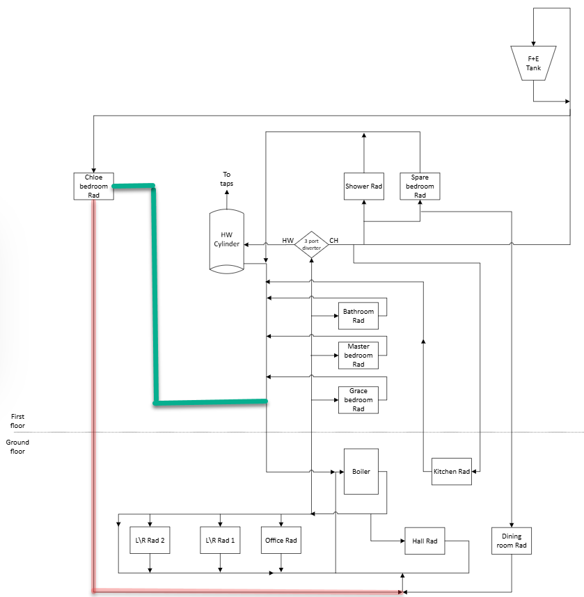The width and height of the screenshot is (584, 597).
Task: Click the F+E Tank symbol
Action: pos(533,63)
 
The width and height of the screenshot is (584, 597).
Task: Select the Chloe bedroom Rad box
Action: pos(94,186)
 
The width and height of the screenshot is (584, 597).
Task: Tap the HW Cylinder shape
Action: pos(226,240)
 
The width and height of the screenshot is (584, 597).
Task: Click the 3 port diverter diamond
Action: pos(311,245)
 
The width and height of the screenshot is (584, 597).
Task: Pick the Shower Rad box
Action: pos(364,186)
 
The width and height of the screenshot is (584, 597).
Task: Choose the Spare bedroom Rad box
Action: pos(420,186)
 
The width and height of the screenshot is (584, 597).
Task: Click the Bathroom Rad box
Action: pos(358,316)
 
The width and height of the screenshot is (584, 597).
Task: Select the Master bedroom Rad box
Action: pos(358,355)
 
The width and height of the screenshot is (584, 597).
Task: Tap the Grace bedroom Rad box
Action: pos(358,400)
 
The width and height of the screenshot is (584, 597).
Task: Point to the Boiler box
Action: pos(361,472)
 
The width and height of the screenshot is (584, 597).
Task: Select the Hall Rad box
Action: pos(425,541)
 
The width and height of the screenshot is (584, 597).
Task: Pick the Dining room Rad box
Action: pos(512,541)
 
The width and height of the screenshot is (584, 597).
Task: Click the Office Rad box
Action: pos(281,540)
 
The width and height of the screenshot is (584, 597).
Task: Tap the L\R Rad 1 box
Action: pos(221,540)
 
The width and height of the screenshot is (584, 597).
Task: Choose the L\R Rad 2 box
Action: pos(150,540)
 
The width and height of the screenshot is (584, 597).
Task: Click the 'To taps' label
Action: pos(227,179)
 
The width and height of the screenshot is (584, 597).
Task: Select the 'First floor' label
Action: pos(17,420)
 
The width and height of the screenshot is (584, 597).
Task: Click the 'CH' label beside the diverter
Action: pos(334,240)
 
